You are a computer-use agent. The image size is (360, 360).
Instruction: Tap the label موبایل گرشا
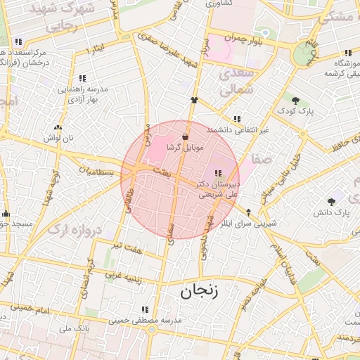coord(185,148)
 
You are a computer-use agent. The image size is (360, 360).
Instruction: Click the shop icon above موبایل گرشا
coord(185,136)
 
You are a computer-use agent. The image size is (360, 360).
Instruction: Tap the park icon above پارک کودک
coord(295,101)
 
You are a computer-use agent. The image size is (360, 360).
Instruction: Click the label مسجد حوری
coord(14,224)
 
